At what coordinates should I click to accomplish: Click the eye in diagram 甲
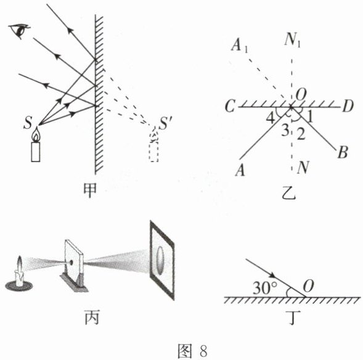click(x=20, y=31)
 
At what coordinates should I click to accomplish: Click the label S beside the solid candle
click(x=28, y=123)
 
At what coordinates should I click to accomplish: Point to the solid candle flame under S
click(x=36, y=135)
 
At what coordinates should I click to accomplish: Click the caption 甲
click(x=90, y=190)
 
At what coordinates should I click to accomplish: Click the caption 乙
click(x=289, y=192)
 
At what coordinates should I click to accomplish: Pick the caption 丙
click(x=92, y=317)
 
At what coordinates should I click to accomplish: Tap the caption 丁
click(x=293, y=317)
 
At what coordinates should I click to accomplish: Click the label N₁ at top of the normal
click(x=292, y=40)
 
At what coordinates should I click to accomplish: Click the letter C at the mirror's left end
click(x=230, y=106)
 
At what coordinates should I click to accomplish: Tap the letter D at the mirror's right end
click(x=347, y=106)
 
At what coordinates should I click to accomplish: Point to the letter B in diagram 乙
click(x=343, y=152)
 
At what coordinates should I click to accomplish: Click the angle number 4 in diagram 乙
click(x=271, y=118)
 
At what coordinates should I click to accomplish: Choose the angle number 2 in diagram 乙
click(x=301, y=134)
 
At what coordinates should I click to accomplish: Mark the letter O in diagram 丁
click(x=308, y=287)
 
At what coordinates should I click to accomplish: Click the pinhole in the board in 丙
click(x=71, y=263)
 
